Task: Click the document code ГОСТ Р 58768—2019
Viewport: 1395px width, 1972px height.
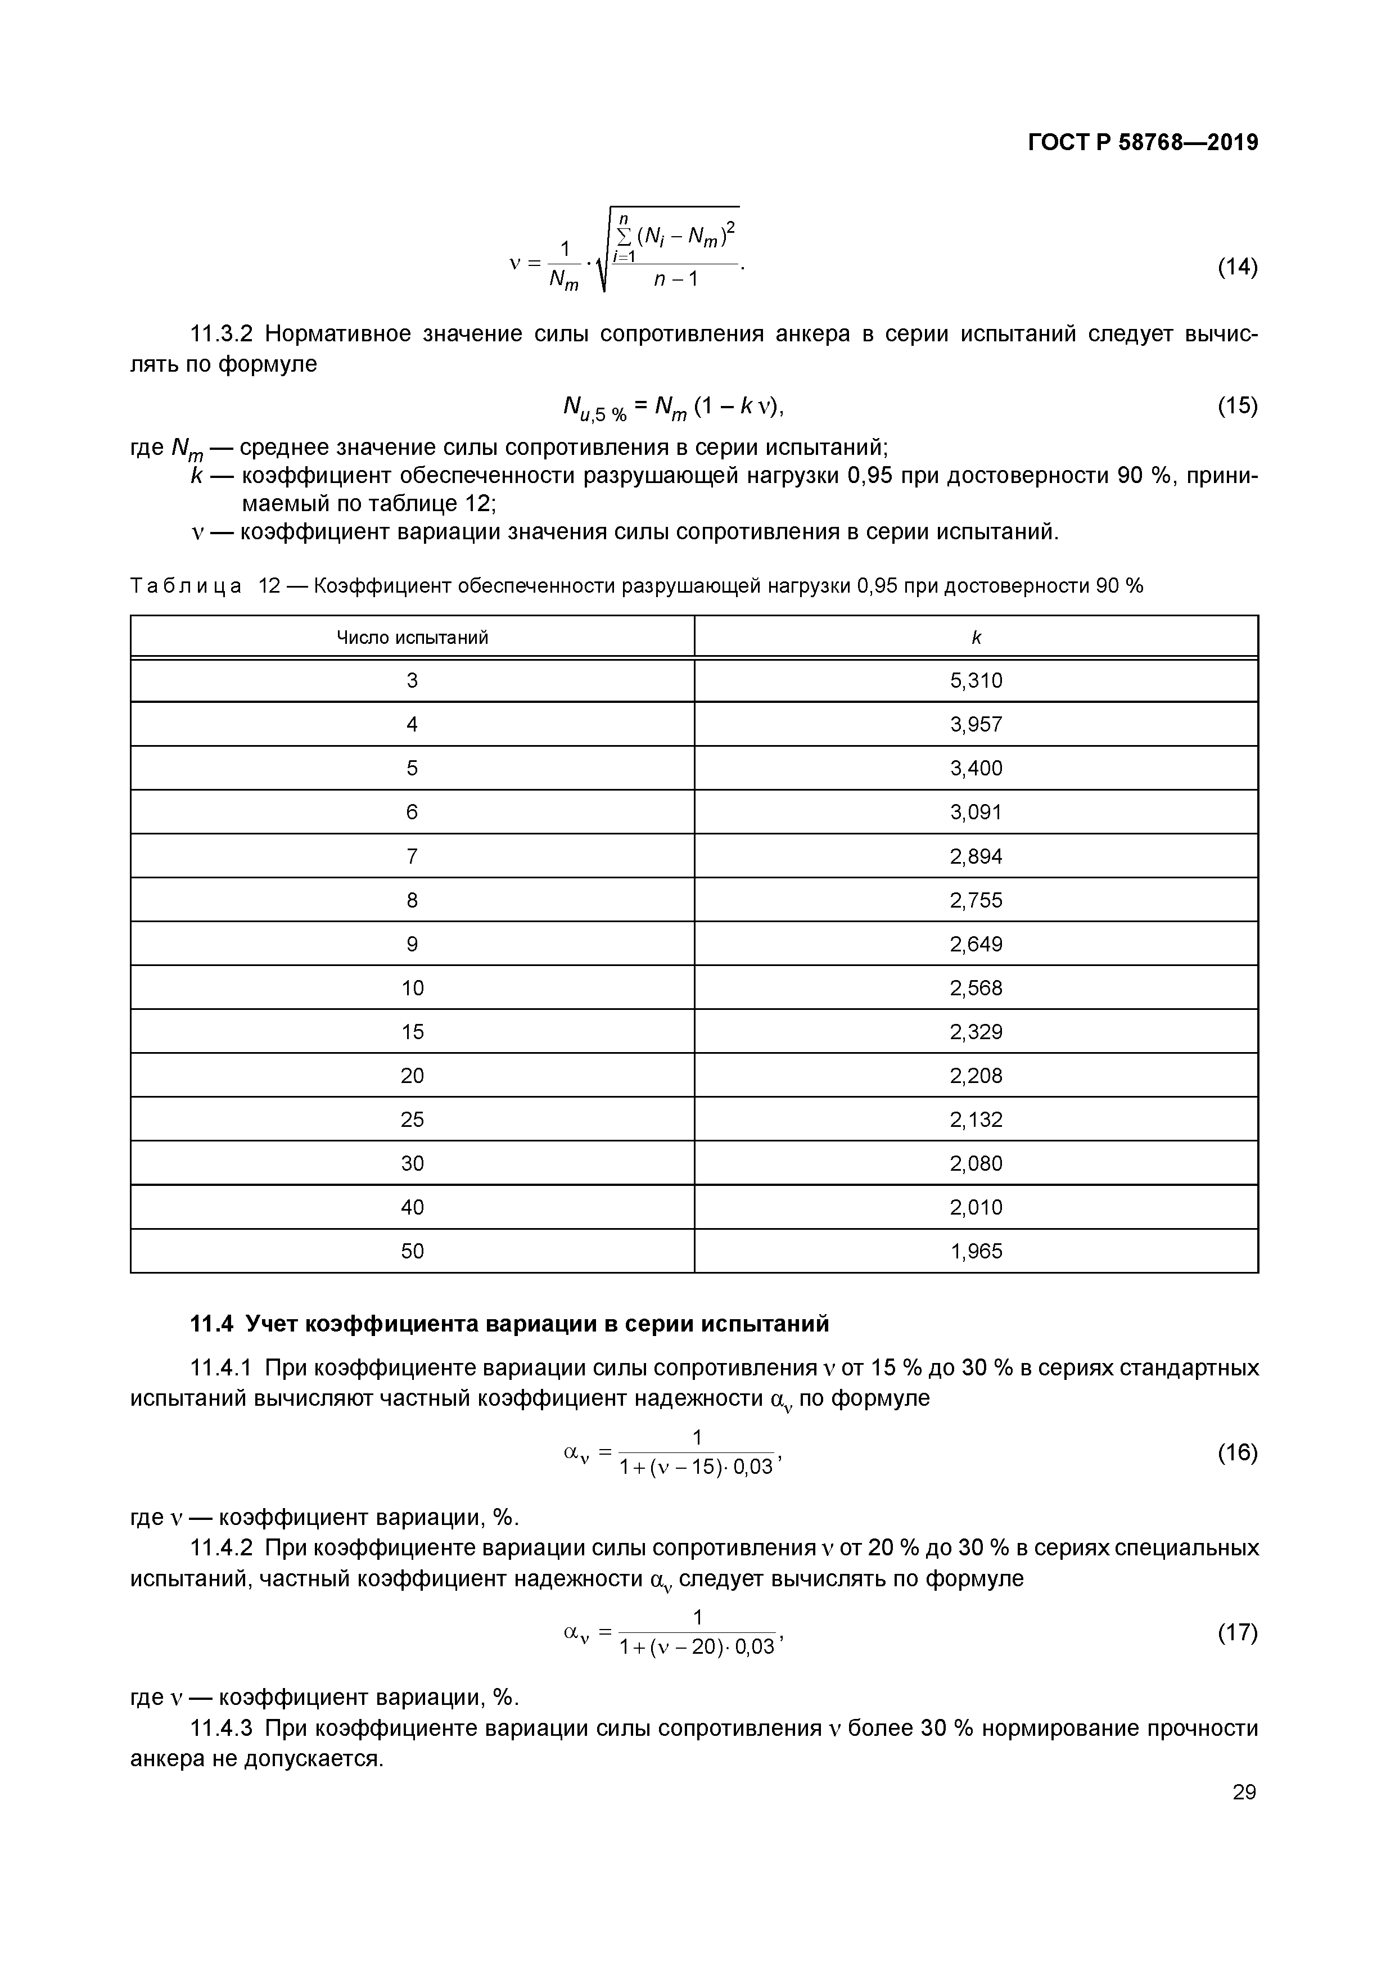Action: (1143, 143)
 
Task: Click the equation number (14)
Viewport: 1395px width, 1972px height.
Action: (1237, 267)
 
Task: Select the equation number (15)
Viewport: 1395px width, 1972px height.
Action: (1237, 405)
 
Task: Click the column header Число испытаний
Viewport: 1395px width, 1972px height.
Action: (412, 637)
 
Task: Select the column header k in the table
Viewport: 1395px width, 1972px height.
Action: (976, 637)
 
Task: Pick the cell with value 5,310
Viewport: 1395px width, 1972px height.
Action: (976, 681)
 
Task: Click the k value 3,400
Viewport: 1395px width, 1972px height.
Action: (976, 769)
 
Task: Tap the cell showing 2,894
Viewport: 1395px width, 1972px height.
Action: (976, 856)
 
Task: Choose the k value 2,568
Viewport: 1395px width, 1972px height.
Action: (976, 988)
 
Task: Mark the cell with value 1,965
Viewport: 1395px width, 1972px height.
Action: (976, 1251)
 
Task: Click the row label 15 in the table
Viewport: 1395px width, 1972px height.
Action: (412, 1031)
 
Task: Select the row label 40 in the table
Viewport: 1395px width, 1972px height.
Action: (412, 1208)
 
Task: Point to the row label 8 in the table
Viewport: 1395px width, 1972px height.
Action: (412, 900)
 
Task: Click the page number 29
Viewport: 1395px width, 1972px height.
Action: (1244, 1792)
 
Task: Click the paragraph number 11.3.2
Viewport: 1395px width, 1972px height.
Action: (221, 334)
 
